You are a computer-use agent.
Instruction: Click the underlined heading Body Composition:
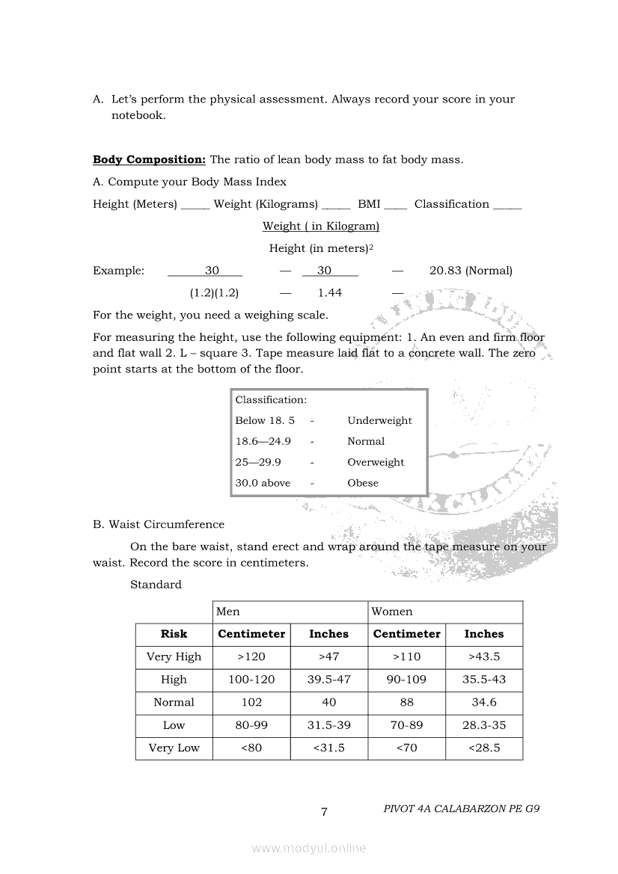[x=149, y=159]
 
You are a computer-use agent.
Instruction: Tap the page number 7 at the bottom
[x=324, y=812]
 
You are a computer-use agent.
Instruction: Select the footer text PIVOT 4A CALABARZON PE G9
[x=461, y=809]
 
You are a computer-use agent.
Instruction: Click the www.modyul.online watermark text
[x=309, y=849]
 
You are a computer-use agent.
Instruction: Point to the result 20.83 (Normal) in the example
[x=471, y=271]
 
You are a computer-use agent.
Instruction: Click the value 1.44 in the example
[x=330, y=293]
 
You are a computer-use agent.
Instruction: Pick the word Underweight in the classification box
[x=379, y=420]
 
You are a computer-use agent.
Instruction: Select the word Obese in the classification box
[x=363, y=483]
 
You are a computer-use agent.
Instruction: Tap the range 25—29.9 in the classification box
[x=258, y=462]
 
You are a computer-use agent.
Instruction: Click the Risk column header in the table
[x=174, y=634]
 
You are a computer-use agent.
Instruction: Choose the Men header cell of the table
[x=228, y=612]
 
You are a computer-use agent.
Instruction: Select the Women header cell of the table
[x=392, y=612]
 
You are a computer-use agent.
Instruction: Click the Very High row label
[x=174, y=656]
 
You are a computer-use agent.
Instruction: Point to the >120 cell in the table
[x=251, y=656]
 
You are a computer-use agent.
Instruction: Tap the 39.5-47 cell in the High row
[x=329, y=680]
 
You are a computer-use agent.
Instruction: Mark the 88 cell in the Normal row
[x=407, y=702]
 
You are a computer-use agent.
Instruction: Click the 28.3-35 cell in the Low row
[x=484, y=725]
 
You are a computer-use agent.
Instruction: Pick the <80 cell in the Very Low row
[x=251, y=748]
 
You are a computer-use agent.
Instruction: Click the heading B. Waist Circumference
[x=159, y=524]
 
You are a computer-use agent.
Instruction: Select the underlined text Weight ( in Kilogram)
[x=321, y=226]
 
